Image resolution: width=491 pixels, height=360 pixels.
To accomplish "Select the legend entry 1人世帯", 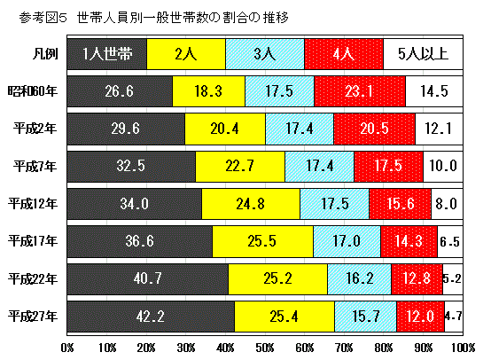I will [107, 54].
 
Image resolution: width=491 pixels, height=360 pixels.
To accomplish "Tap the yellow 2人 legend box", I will [186, 54].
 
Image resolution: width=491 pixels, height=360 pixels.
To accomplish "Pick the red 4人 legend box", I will [343, 54].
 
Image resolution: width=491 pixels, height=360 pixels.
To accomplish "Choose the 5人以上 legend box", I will [423, 54].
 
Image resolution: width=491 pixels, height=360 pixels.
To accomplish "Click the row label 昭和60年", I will [33, 90].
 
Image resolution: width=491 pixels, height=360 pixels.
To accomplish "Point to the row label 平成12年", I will [33, 203].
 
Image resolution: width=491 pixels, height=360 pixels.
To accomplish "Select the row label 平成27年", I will [33, 315].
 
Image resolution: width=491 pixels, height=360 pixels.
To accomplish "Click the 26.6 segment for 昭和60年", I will [120, 90].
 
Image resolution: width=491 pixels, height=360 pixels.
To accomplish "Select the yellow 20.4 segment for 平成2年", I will [225, 128].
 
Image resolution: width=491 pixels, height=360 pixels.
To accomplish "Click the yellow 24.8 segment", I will [251, 203].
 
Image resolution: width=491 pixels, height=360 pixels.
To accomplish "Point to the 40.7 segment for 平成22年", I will [147, 278].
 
